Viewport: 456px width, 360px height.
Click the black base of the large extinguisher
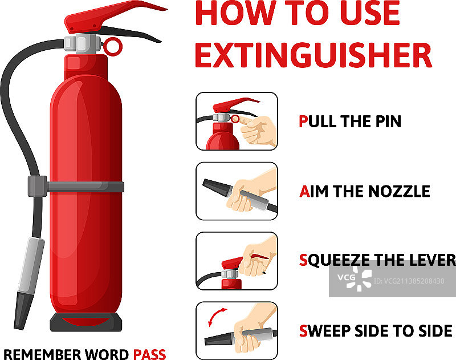(x=86, y=322)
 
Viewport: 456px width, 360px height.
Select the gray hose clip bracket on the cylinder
(x=76, y=186)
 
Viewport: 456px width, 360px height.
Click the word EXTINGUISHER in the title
(x=313, y=55)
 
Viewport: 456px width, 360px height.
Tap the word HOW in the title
(x=235, y=13)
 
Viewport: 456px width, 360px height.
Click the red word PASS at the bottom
(x=149, y=354)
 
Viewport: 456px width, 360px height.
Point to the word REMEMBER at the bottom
(x=42, y=354)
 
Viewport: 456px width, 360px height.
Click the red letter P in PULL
(x=303, y=122)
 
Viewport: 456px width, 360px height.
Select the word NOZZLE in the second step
(x=398, y=191)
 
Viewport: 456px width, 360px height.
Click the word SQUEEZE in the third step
(x=335, y=260)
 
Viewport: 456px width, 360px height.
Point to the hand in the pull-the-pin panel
(x=258, y=130)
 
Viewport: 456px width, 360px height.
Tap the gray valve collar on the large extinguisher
(x=82, y=44)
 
